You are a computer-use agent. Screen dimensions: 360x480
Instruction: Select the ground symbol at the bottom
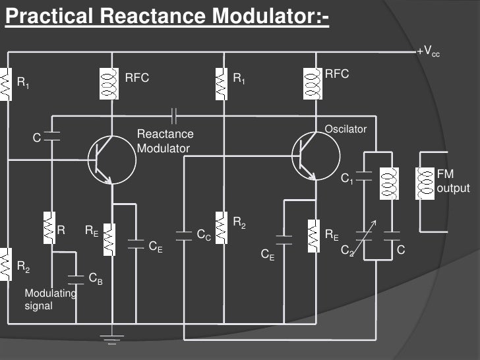(112, 340)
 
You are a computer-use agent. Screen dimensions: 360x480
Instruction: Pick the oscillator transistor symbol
(315, 156)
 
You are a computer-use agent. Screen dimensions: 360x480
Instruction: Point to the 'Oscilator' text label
(345, 129)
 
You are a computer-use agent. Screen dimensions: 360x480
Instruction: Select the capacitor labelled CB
(76, 278)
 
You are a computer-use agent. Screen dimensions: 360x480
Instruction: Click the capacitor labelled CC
(184, 235)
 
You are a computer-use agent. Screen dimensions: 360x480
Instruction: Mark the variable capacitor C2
(364, 235)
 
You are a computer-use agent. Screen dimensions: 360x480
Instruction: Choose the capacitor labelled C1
(364, 175)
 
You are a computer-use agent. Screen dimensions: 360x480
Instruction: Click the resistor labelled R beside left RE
(49, 227)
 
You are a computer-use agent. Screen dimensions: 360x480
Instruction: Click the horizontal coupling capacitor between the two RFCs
(174, 115)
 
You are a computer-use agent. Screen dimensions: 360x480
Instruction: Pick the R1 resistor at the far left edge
(6, 84)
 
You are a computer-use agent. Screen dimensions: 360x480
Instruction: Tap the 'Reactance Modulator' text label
(163, 141)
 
